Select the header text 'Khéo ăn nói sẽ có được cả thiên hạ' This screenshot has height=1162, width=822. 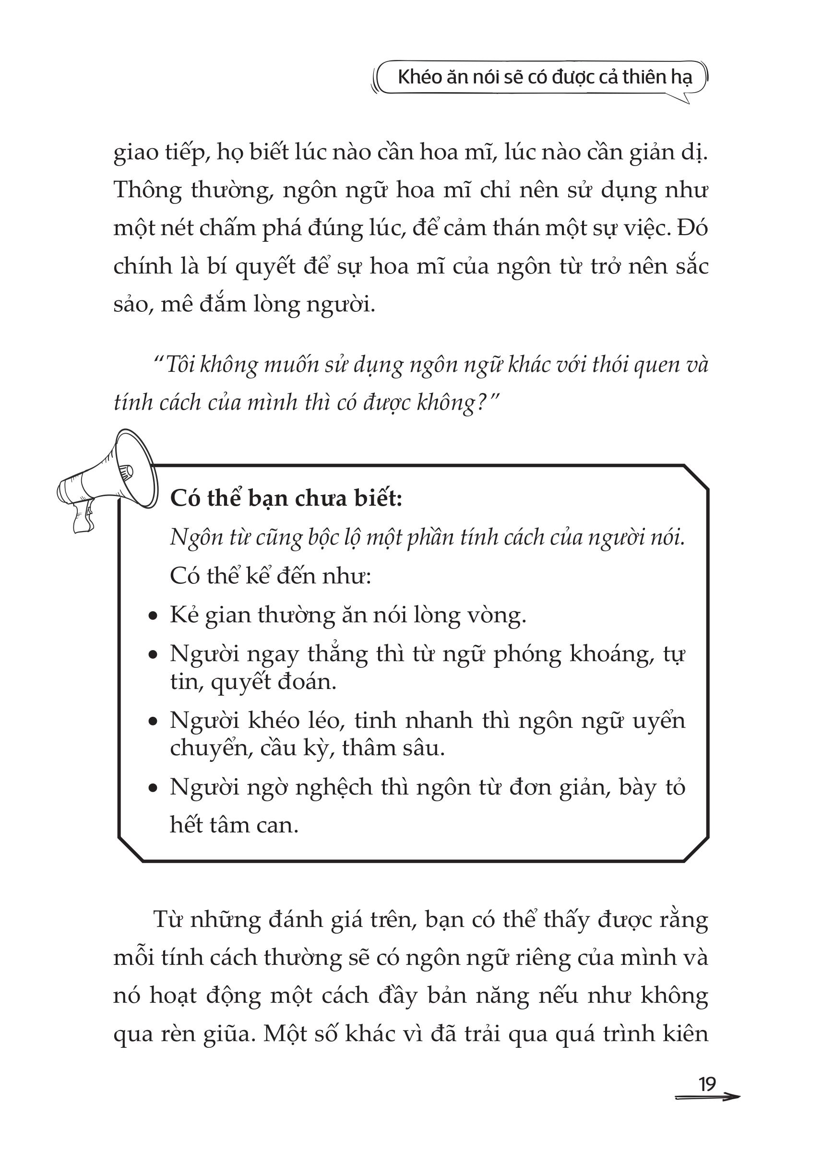pyautogui.click(x=545, y=77)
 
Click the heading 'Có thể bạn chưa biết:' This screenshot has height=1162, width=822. pyautogui.click(x=286, y=499)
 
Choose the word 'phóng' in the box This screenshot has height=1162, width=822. pyautogui.click(x=527, y=655)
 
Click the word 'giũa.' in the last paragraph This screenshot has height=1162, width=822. pyautogui.click(x=228, y=1034)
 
